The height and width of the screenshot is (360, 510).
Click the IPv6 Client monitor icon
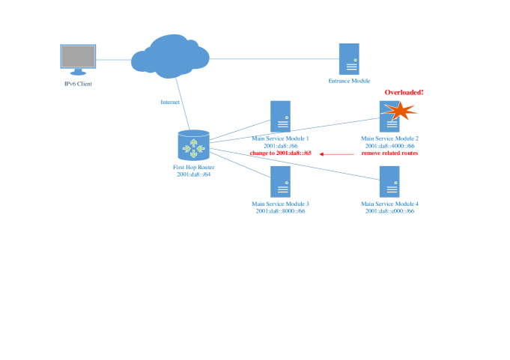[79, 59]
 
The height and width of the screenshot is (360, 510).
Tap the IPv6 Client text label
[78, 84]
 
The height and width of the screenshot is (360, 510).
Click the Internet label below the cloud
[170, 102]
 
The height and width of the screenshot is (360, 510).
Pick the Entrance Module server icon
[348, 58]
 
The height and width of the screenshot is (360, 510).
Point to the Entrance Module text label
[349, 80]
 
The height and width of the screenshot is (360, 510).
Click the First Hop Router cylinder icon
[194, 144]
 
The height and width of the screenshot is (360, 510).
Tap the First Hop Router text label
[193, 168]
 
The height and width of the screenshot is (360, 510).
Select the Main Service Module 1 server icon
[281, 116]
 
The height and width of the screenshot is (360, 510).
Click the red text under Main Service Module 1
[280, 153]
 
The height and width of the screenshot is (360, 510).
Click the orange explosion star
[400, 112]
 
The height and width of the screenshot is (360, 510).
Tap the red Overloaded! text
[404, 91]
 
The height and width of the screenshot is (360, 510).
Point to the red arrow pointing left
[336, 153]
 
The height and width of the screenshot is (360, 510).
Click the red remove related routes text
[389, 153]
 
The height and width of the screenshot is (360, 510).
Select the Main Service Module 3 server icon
[280, 181]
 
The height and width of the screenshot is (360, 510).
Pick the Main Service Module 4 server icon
[389, 181]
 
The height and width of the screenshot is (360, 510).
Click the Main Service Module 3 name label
[280, 204]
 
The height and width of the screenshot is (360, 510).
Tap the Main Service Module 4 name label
[389, 204]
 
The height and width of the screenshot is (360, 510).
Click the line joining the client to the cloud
[114, 59]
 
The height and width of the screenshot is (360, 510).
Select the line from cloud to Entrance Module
[273, 58]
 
